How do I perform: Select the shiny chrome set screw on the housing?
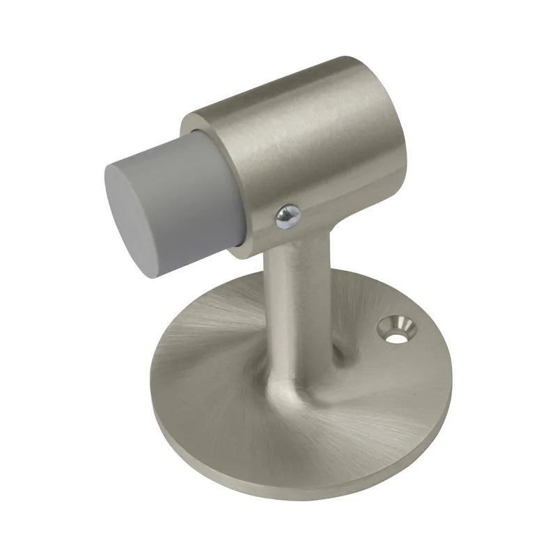[x=288, y=217]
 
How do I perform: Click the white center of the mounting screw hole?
[x=395, y=337]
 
